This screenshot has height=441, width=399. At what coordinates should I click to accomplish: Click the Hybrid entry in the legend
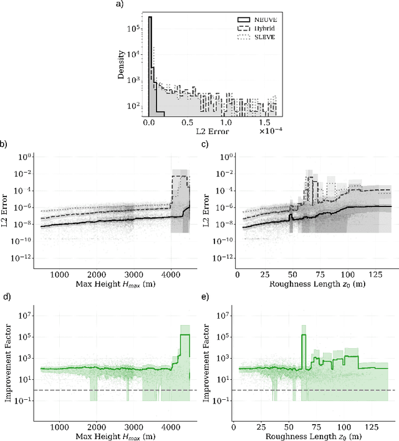(x=256, y=28)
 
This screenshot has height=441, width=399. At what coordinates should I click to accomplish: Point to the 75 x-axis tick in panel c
(x=303, y=274)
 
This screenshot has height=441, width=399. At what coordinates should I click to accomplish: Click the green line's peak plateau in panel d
(x=185, y=335)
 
